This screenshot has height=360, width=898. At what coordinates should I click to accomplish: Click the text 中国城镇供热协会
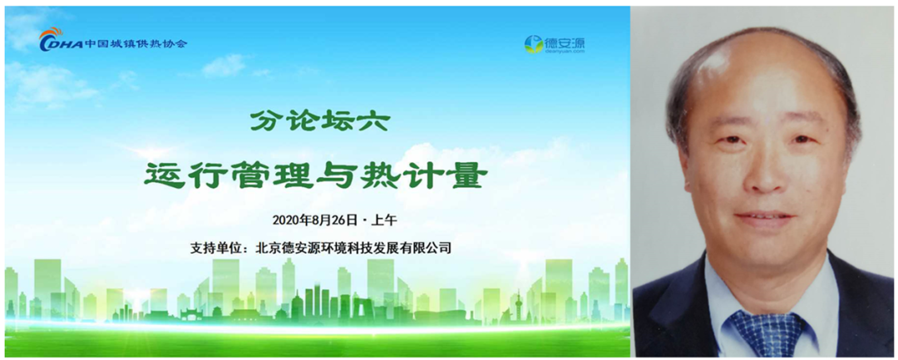(x=136, y=44)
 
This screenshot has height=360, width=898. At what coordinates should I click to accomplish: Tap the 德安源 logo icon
(x=534, y=44)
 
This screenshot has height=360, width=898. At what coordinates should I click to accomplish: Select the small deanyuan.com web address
(x=564, y=51)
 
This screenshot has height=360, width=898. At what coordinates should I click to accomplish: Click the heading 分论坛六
(x=320, y=121)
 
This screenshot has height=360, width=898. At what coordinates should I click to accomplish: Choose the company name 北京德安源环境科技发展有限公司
(x=353, y=249)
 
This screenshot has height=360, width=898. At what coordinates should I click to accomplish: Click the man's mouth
(x=766, y=219)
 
